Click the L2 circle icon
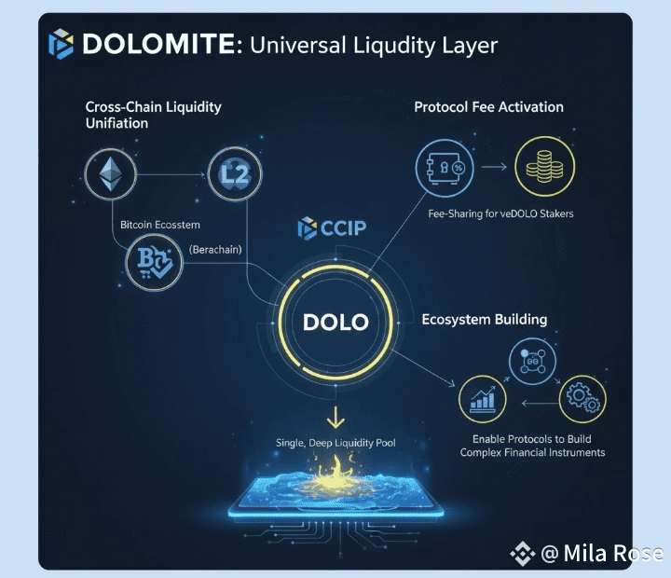(233, 173)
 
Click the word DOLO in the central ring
(335, 323)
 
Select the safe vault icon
(443, 169)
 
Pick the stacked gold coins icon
(544, 169)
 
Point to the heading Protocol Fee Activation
(488, 107)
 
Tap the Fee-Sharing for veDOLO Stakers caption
(500, 213)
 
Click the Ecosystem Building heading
(484, 320)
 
